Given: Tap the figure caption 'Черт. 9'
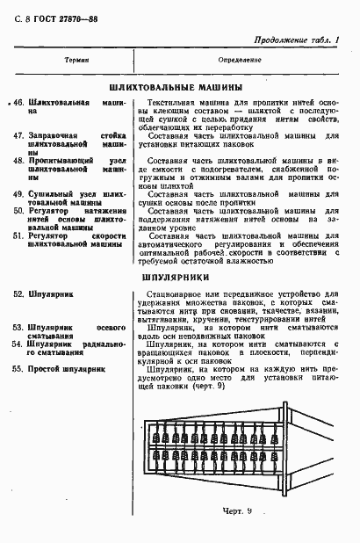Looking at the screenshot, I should coord(237,510).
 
